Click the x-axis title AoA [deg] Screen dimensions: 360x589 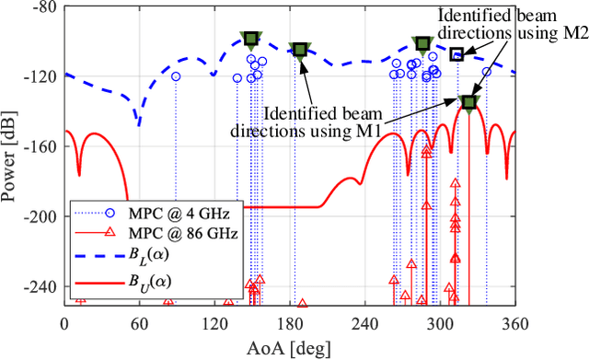coord(289,347)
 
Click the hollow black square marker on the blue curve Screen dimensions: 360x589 coord(456,54)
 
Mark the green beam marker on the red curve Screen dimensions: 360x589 coord(468,101)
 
